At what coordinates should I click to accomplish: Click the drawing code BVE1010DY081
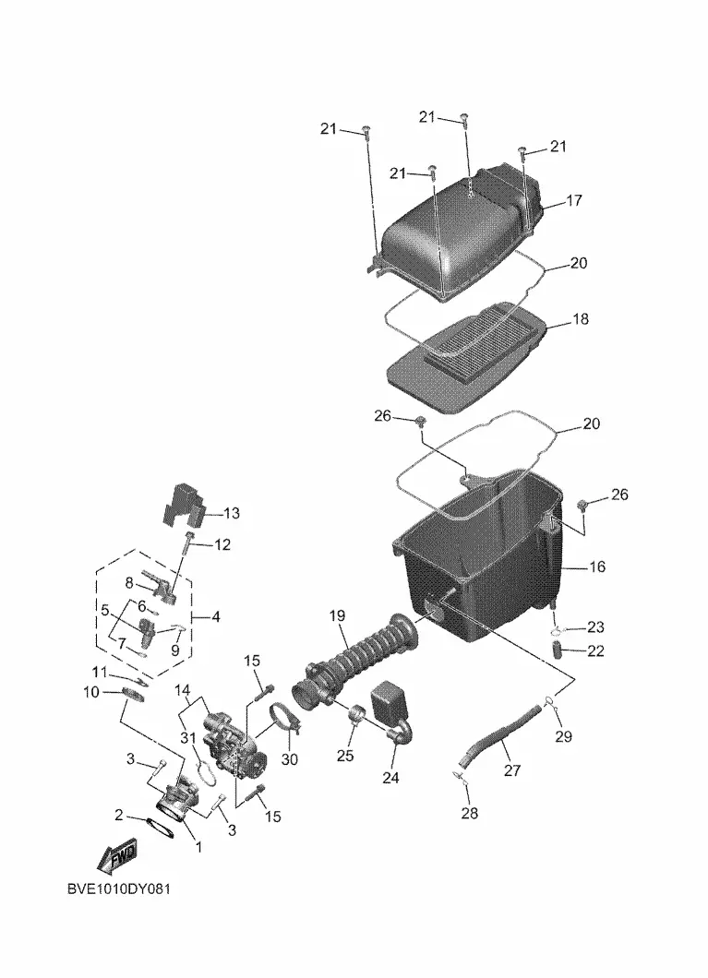[x=118, y=889]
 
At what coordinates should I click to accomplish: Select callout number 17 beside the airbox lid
[x=573, y=200]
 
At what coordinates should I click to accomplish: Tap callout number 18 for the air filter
[x=580, y=318]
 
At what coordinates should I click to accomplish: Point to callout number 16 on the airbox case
[x=597, y=567]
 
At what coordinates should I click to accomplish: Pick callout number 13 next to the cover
[x=231, y=513]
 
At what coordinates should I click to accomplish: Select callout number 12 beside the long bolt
[x=222, y=544]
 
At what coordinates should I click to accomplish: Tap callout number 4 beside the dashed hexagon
[x=216, y=617]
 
